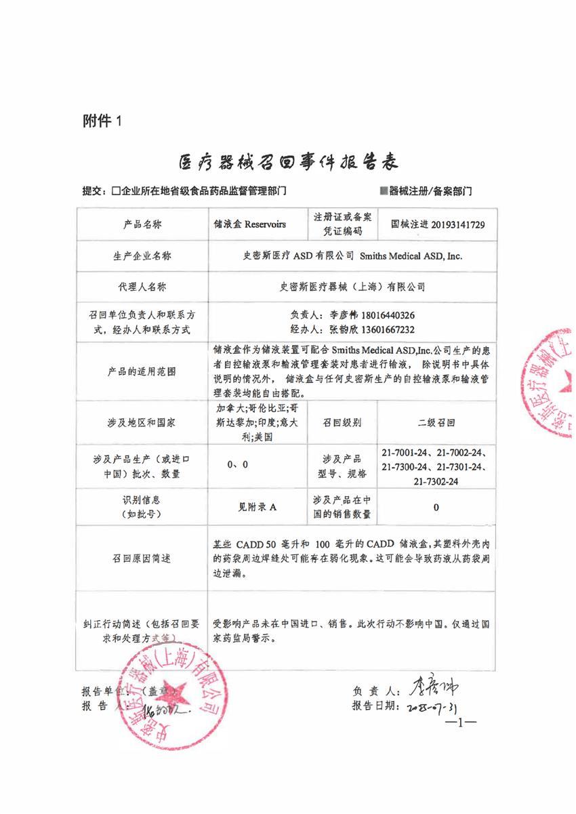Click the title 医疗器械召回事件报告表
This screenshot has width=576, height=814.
coord(287,162)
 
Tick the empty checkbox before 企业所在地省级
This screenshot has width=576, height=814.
coord(117,192)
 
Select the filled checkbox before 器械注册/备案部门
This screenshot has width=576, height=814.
coord(383,192)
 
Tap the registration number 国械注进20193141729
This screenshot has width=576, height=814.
coord(438,224)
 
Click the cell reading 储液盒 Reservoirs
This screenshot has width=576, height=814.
coord(250,224)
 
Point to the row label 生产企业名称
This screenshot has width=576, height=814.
coord(142,256)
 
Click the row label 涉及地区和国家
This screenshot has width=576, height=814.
coord(142,422)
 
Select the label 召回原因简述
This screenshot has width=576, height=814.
coord(142,558)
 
